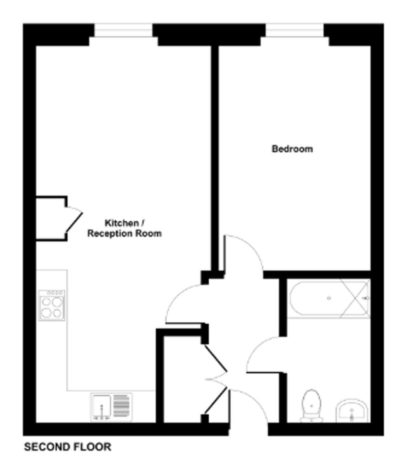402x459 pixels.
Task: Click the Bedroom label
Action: [x=292, y=149]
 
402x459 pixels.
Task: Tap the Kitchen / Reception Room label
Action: [x=124, y=228]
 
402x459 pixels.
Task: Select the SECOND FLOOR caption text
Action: [x=68, y=447]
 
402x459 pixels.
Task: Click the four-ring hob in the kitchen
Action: [x=52, y=305]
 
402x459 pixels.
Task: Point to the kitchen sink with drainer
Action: [x=112, y=407]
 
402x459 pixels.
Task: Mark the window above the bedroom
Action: [x=295, y=30]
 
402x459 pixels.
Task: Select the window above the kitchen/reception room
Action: [x=124, y=30]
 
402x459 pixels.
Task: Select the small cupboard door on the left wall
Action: [x=74, y=219]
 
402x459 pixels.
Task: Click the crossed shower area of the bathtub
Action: [x=355, y=299]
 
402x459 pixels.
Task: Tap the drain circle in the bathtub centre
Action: [x=329, y=298]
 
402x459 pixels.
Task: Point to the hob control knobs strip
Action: [x=55, y=293]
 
